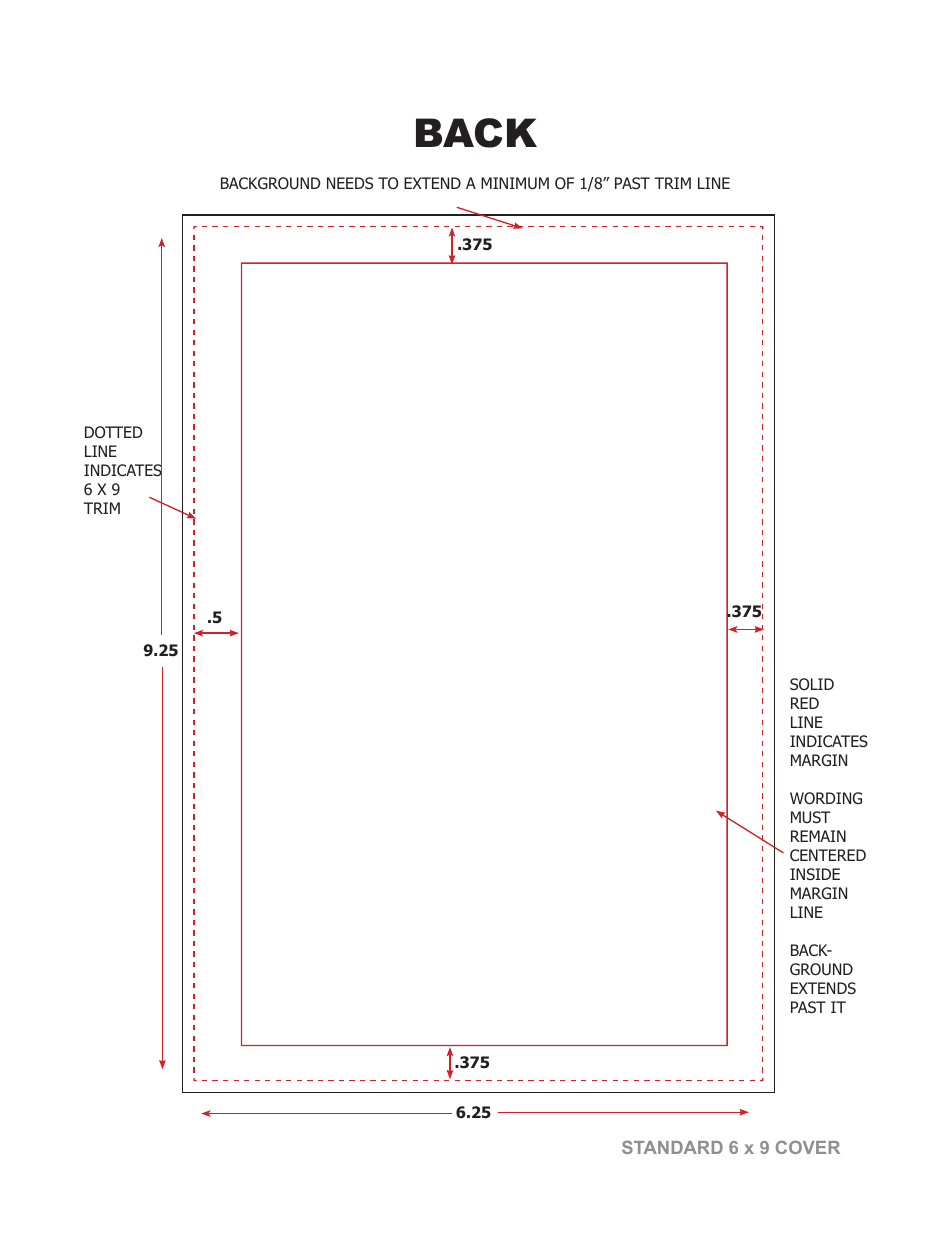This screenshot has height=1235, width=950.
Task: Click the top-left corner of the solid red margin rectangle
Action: click(241, 263)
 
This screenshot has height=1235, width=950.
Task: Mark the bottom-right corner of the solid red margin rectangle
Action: click(727, 1045)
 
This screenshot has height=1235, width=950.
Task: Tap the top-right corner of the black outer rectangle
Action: click(774, 215)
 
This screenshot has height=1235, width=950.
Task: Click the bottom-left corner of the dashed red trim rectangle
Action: click(194, 1079)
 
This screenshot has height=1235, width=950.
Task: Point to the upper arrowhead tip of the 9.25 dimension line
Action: click(161, 239)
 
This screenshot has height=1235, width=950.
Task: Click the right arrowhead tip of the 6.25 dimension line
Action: click(748, 1112)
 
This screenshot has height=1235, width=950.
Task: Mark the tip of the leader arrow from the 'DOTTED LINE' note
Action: click(195, 518)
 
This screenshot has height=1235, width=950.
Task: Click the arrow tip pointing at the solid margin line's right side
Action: click(716, 811)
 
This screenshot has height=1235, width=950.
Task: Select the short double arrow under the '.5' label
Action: click(216, 633)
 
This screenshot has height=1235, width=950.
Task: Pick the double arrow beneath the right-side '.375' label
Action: click(745, 629)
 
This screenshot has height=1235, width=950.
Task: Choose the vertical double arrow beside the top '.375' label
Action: click(452, 245)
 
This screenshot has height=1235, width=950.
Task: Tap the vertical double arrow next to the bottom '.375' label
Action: click(449, 1063)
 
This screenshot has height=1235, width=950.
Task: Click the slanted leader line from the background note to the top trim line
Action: click(489, 218)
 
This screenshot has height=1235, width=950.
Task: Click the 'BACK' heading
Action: click(475, 134)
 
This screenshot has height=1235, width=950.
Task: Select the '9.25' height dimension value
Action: click(160, 650)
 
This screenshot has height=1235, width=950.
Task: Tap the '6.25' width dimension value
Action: click(473, 1112)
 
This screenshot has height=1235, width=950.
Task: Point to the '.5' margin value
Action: click(214, 617)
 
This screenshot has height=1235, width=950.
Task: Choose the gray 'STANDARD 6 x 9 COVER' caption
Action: click(730, 1147)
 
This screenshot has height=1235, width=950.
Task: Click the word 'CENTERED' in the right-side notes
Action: click(827, 855)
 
